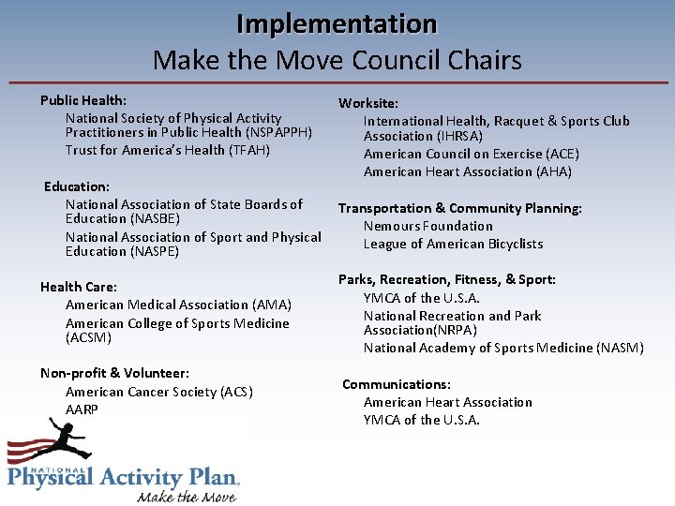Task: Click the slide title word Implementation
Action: (x=337, y=22)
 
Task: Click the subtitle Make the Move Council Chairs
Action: (x=337, y=61)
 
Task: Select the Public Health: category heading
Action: (x=83, y=100)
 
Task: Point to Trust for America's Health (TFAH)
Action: (x=168, y=150)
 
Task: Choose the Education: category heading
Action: (x=77, y=186)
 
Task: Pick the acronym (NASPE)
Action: (x=148, y=251)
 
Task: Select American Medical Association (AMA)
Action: (x=178, y=305)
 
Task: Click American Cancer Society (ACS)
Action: (x=158, y=392)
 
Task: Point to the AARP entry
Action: (x=82, y=409)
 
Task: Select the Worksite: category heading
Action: (x=368, y=103)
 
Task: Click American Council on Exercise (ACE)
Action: (x=471, y=154)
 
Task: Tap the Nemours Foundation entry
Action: (x=427, y=226)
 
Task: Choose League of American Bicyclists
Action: (x=453, y=244)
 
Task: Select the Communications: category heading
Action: (x=396, y=384)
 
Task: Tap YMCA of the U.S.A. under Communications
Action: (x=421, y=420)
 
